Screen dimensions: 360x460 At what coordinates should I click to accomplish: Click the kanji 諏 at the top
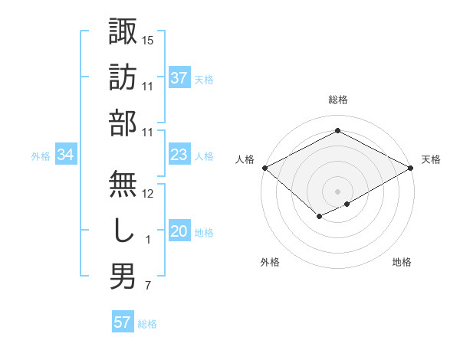123,31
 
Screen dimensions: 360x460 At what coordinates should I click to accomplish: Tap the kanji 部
123,122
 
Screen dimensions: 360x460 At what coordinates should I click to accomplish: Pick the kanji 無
123,185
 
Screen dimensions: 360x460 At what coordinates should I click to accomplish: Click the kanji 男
123,276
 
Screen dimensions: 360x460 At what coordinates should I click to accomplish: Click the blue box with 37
179,77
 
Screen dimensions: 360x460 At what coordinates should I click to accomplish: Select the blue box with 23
179,155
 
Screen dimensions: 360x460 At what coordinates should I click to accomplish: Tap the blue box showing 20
179,232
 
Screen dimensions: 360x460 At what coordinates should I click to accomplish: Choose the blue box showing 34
66,155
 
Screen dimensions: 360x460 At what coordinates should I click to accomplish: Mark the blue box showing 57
123,322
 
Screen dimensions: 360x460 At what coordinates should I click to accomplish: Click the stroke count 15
148,39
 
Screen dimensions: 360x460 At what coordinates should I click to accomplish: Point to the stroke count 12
148,194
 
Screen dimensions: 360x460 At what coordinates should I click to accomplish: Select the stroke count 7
147,286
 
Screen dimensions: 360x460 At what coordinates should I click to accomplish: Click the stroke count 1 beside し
147,240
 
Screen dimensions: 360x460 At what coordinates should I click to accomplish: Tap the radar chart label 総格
337,100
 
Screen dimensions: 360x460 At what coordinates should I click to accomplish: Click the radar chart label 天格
431,159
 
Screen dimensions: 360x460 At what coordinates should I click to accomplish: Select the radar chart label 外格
270,262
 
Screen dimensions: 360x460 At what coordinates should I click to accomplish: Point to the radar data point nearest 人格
264,167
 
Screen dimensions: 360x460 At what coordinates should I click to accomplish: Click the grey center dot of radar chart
337,191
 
